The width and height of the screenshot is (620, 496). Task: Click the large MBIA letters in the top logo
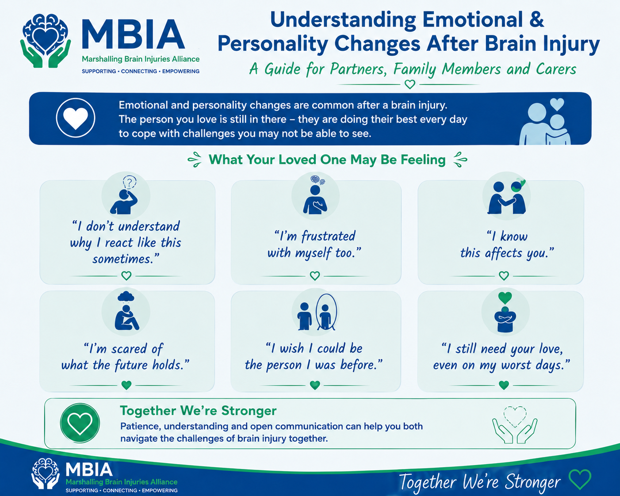click(x=133, y=34)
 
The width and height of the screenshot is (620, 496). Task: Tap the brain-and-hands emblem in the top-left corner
click(x=46, y=41)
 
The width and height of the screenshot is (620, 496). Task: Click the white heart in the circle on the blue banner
click(x=76, y=118)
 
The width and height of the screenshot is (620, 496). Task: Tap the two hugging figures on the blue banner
click(x=544, y=122)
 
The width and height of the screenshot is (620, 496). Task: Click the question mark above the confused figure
click(x=130, y=182)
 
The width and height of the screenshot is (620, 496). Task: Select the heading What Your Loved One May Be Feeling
click(x=327, y=160)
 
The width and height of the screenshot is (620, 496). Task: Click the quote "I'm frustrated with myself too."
click(x=314, y=244)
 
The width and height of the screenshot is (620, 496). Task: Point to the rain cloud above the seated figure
click(x=126, y=296)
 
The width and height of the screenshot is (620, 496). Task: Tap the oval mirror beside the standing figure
click(x=326, y=312)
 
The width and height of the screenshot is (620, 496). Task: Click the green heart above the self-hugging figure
click(x=505, y=298)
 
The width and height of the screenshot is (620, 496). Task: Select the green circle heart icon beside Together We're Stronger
click(x=80, y=423)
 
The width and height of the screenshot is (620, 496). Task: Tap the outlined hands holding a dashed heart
click(x=515, y=425)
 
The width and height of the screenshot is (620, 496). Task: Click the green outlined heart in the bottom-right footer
click(x=580, y=479)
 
